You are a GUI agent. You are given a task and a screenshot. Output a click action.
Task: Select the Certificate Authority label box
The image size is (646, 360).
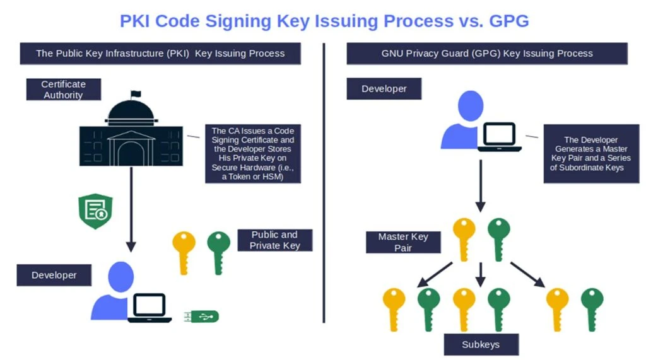(x=63, y=90)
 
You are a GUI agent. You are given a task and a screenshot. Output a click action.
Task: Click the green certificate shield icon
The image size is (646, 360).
(x=95, y=211)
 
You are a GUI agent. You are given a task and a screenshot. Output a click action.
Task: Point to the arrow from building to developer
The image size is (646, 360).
(x=131, y=208)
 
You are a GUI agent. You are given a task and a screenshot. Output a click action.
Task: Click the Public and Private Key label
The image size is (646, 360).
(x=274, y=240)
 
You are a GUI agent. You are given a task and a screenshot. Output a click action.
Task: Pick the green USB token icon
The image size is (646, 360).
(x=201, y=316)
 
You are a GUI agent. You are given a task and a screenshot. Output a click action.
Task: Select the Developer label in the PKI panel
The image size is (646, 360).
(x=54, y=276)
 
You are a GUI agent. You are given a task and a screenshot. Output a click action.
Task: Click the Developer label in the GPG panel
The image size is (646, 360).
(x=384, y=89)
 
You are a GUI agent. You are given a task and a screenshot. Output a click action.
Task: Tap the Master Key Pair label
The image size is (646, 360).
(x=403, y=242)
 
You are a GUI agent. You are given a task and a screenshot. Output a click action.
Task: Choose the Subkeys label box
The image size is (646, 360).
(x=481, y=344)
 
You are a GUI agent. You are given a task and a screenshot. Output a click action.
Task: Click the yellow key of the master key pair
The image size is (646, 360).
(x=464, y=239)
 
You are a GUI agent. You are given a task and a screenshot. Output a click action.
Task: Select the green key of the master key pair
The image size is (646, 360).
(x=498, y=239)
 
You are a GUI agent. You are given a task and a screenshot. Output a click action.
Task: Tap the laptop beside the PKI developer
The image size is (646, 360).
(x=150, y=308)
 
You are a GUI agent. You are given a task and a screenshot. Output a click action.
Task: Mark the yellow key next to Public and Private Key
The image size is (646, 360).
(x=184, y=252)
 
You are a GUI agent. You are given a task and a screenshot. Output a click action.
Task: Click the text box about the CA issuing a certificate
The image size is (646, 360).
(x=252, y=154)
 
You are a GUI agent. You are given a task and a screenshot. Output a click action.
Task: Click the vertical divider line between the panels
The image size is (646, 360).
(x=324, y=183)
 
